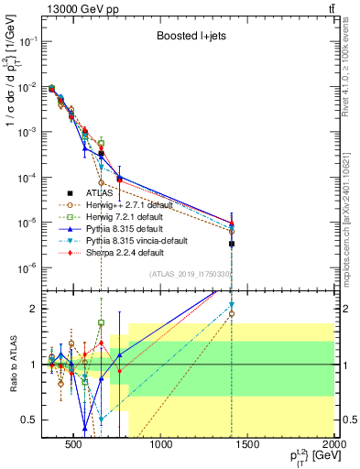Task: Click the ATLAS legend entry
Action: (100, 193)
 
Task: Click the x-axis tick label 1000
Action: (161, 446)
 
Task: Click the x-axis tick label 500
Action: (75, 446)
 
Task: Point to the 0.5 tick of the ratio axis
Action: (33, 420)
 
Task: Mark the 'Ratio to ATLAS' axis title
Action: (11, 364)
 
